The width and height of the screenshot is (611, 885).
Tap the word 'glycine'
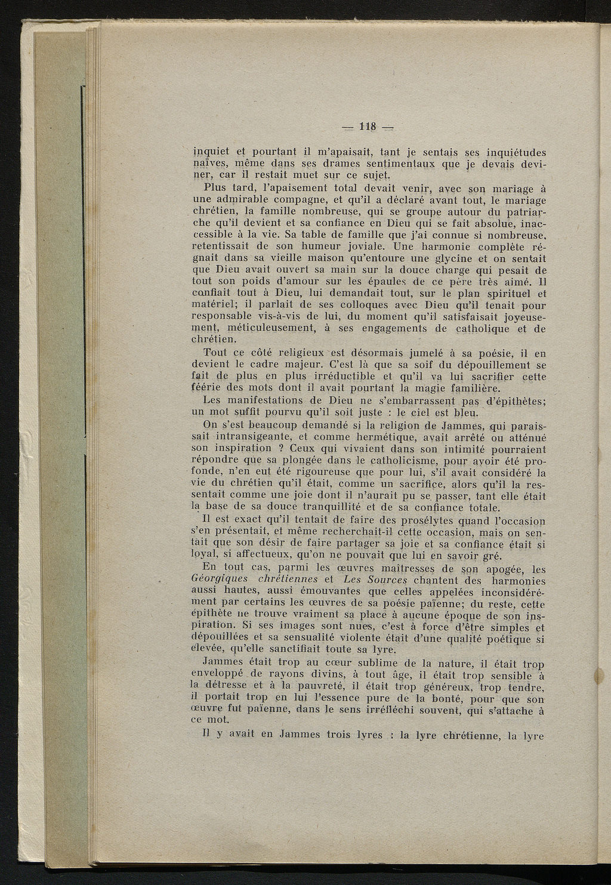pos(455,258)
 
